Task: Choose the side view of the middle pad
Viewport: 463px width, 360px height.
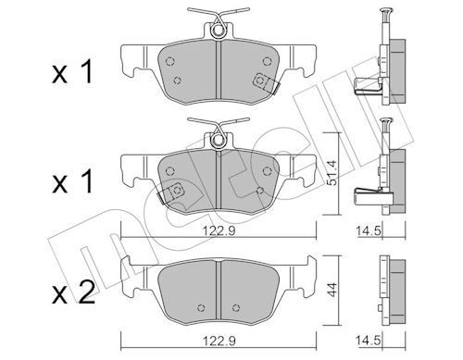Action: pyautogui.click(x=389, y=176)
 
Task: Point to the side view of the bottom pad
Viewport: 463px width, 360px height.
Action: pyautogui.click(x=389, y=287)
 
